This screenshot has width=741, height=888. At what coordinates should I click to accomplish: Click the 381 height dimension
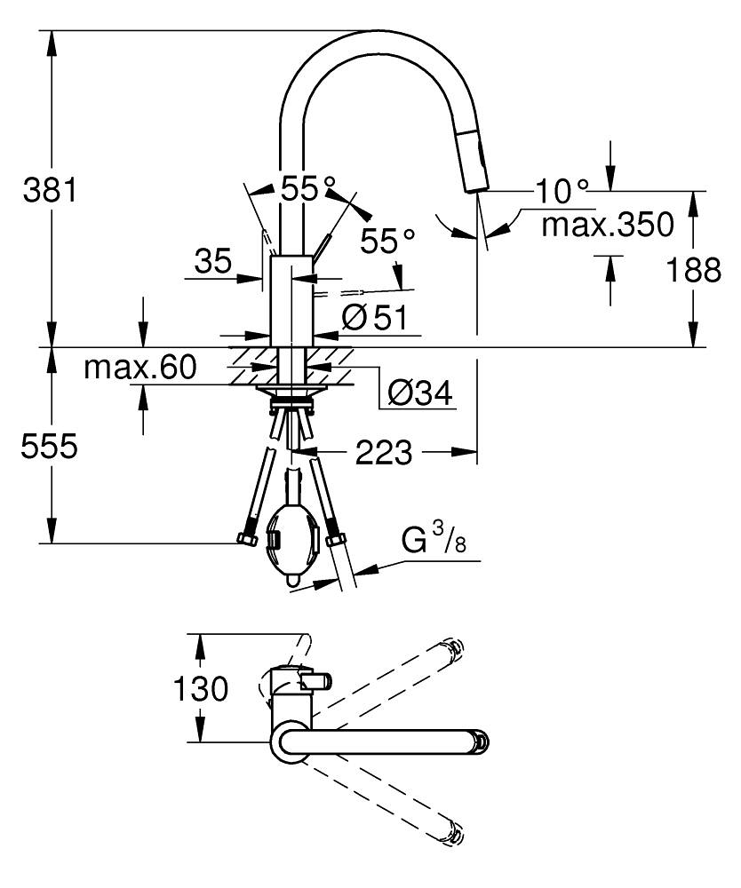click(x=49, y=190)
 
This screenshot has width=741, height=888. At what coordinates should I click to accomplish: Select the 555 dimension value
click(x=49, y=447)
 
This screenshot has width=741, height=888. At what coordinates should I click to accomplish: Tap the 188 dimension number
click(x=693, y=270)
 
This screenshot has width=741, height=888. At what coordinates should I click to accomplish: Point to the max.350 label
click(x=608, y=225)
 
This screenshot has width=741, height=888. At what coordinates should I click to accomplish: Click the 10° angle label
click(x=562, y=192)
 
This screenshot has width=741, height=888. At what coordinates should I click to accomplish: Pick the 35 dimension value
click(x=213, y=261)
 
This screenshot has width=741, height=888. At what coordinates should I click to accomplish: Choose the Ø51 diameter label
click(x=375, y=317)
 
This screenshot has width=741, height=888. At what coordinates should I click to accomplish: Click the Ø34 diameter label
click(x=419, y=392)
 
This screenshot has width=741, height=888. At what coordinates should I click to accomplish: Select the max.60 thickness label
click(x=139, y=368)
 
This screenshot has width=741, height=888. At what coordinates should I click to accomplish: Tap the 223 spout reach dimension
click(x=384, y=452)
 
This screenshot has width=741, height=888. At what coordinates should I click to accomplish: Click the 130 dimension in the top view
click(x=201, y=689)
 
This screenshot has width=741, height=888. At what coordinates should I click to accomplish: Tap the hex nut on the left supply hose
click(x=247, y=539)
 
